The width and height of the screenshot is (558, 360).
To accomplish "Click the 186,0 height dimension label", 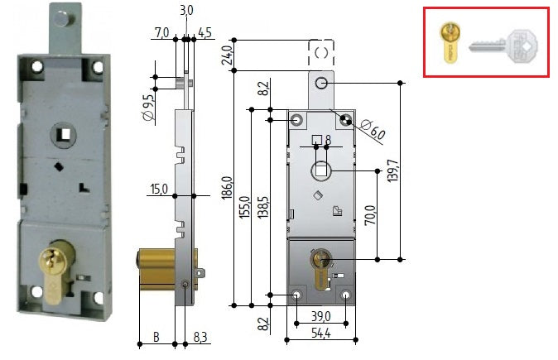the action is point(228,188).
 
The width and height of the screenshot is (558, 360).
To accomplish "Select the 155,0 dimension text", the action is point(245,208).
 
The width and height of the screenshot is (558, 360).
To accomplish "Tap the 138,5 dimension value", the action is point(263,207).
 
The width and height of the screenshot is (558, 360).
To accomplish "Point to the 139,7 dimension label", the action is point(393,170).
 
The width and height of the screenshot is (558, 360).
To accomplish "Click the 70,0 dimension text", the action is point(370,215).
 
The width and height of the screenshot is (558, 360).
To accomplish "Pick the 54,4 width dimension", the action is point(321,333).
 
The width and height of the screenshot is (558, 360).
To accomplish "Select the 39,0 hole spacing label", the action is point(321,316).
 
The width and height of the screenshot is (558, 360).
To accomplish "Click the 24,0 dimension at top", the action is point(228,55).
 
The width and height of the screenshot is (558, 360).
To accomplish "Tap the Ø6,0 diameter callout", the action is point(373,130).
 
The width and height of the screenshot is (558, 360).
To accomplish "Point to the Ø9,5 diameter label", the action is point(150,107).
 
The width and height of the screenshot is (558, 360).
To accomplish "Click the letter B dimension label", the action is point(156,337).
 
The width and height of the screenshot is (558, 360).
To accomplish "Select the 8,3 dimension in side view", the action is point(200,337).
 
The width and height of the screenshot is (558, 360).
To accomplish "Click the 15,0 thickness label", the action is point(159,189).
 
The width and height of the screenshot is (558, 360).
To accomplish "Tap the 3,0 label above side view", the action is point(186,10).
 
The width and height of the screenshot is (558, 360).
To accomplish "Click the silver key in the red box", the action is point(503,46).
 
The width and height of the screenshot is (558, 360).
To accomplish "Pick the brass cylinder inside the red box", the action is point(450,42).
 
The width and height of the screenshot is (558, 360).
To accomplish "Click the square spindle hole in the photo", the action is point(65,134).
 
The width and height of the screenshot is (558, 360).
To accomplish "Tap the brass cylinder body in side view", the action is point(156,269).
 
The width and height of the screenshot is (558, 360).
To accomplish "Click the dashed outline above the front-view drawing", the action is point(321,52).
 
